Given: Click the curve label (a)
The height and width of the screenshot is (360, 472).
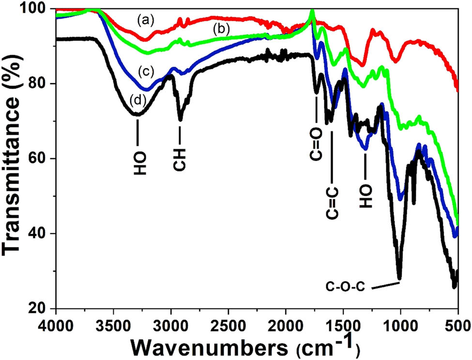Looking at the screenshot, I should pyautogui.click(x=145, y=20).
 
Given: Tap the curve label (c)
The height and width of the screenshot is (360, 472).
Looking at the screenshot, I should pyautogui.click(x=145, y=72).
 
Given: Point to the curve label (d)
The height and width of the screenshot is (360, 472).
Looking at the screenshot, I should pyautogui.click(x=138, y=100).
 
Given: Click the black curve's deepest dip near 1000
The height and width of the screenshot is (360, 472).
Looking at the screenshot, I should pyautogui.click(x=399, y=278).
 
